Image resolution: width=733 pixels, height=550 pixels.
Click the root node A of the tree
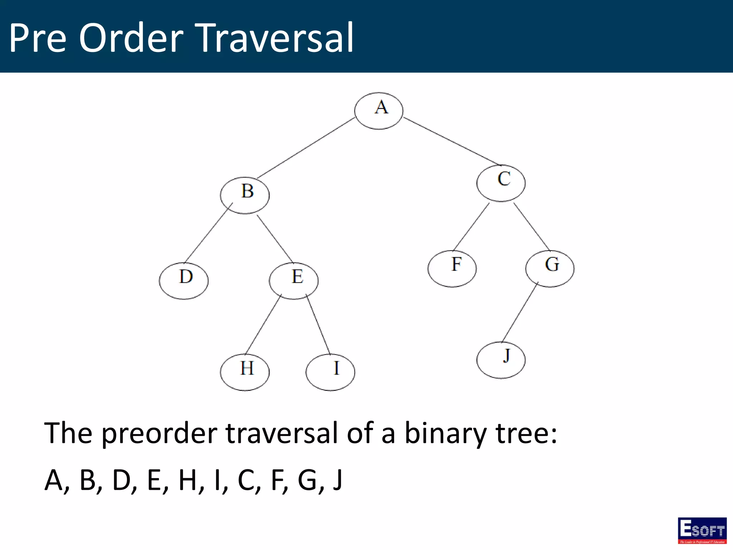tap(379, 111)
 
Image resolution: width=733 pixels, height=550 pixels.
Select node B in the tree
tap(245, 195)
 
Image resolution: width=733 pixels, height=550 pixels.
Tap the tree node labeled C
tap(501, 183)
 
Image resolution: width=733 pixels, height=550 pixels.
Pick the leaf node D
tap(184, 281)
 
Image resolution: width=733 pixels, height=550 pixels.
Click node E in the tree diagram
tap(293, 281)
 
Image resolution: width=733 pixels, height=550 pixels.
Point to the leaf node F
tap(452, 269)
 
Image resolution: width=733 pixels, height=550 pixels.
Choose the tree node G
tap(550, 269)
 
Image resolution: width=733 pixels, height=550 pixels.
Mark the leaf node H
tap(245, 372)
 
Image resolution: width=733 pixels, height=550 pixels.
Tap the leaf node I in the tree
tap(330, 372)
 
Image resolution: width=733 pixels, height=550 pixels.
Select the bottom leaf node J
tap(501, 360)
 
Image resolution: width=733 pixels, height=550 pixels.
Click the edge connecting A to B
tap(306, 148)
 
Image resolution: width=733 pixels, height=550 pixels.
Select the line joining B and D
tap(208, 233)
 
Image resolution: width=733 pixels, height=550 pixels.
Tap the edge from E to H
tap(263, 324)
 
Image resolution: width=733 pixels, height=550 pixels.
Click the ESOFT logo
tap(702, 530)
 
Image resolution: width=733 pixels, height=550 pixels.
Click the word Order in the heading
tap(131, 38)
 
